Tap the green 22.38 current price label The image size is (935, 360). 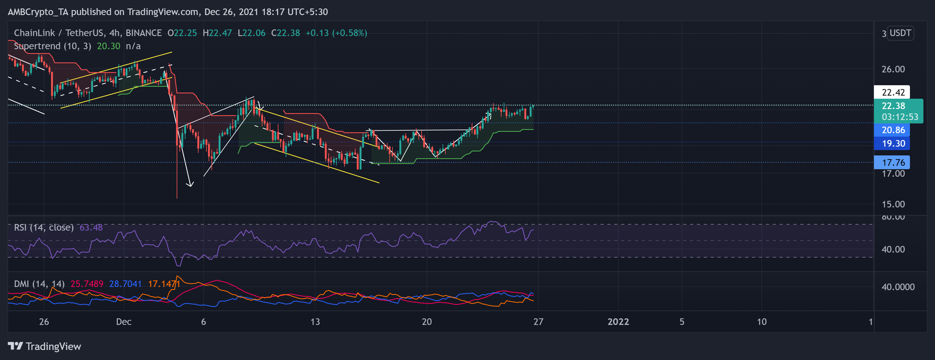point(893,106)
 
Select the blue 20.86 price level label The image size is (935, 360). point(893,130)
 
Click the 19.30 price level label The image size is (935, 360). point(893,143)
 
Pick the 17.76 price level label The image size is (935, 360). point(893,162)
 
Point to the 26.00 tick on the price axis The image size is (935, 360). point(893,69)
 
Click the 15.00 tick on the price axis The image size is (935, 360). point(893,204)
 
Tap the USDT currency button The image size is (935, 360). point(900,33)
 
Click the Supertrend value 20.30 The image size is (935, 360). point(108,46)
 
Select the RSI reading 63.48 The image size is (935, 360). point(91,227)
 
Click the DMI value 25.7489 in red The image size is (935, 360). point(87,284)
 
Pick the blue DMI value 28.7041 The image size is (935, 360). point(125,284)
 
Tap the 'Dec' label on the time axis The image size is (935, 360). point(124,321)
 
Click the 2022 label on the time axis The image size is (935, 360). point(618,321)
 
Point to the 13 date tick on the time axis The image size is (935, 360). point(315,321)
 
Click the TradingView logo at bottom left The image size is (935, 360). point(44,346)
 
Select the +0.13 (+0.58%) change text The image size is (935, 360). point(336,33)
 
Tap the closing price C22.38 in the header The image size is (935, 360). point(285,33)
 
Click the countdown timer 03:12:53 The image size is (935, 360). point(900,117)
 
